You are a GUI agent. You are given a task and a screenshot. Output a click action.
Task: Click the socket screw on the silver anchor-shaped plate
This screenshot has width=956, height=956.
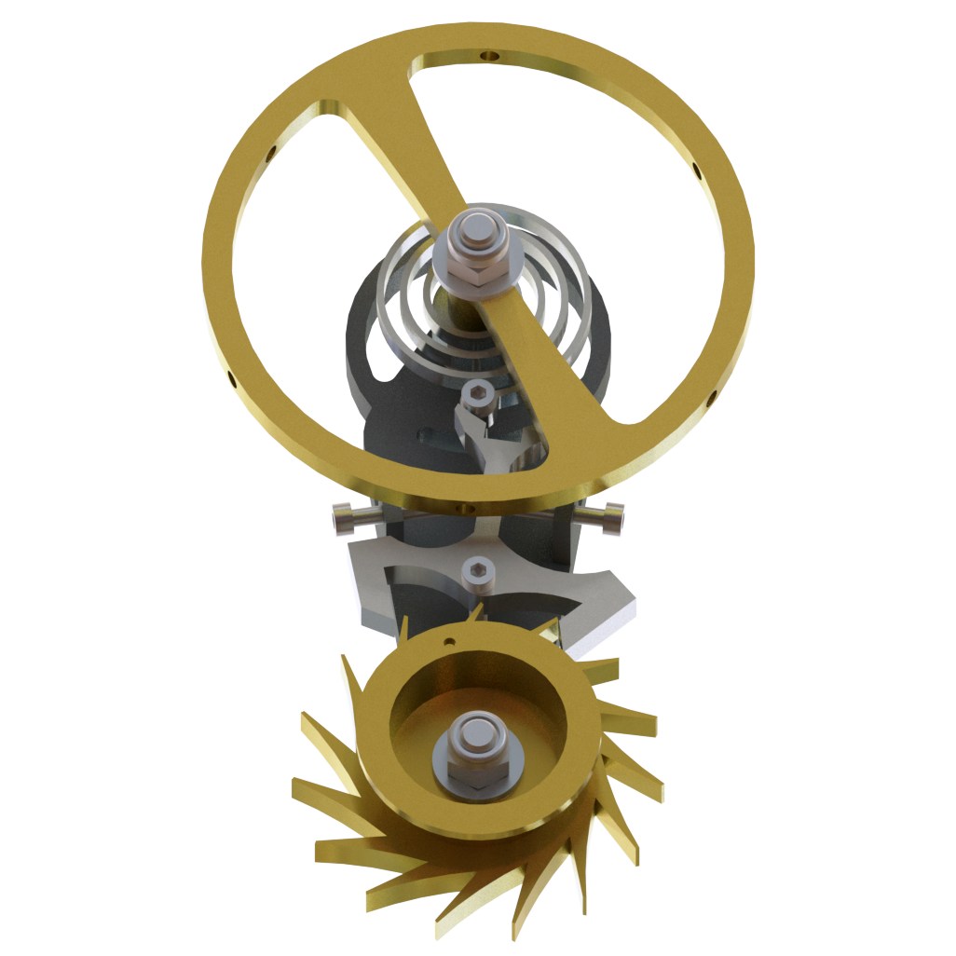478,572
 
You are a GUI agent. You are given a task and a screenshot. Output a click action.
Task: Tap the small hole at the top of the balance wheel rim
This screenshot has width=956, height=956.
485,57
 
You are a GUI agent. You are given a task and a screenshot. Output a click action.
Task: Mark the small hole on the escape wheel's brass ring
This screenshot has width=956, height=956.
449,641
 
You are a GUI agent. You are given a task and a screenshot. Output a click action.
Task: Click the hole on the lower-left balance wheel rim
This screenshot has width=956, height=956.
232,376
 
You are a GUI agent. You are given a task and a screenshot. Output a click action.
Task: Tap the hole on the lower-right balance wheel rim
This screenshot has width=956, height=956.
712,399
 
